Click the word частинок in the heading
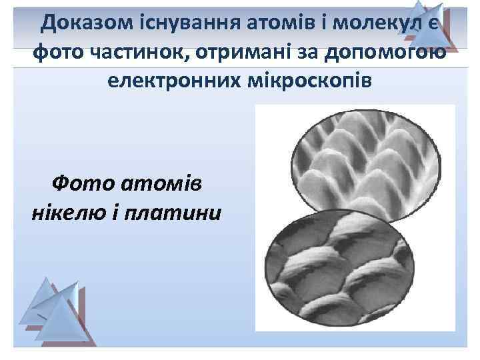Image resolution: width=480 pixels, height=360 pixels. tap(139, 55)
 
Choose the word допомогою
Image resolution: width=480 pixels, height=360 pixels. tap(389, 55)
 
